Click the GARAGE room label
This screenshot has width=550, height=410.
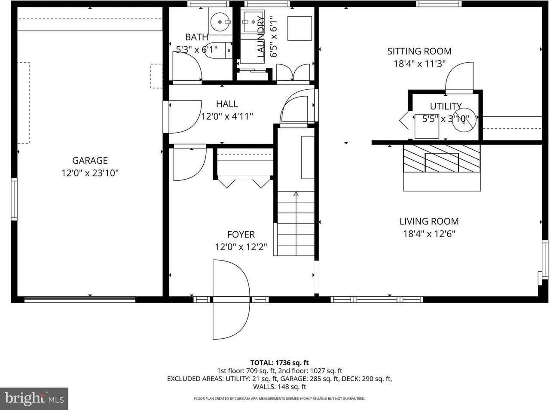coord(90,161)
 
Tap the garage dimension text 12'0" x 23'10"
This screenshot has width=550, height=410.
coord(90,173)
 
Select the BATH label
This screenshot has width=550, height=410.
coord(196,37)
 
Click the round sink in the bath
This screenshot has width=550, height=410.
coord(220,20)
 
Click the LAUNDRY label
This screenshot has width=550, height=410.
coord(261,37)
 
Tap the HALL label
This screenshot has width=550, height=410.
coord(227,104)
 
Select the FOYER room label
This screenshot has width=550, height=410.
coord(241,234)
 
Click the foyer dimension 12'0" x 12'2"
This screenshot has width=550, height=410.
coord(241,247)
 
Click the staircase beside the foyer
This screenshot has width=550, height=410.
coord(296,223)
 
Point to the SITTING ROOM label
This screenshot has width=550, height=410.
coord(419,52)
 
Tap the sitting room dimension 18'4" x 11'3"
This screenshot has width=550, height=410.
coord(419,64)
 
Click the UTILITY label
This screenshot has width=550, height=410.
coord(446,106)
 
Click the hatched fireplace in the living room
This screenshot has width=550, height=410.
coord(441,158)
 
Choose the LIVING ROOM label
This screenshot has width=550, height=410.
coord(429,222)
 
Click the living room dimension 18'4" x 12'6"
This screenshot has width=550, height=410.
coord(429,234)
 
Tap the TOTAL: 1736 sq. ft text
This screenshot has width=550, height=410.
coord(279,363)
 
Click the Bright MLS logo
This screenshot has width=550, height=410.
coord(34,398)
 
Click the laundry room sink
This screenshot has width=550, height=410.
coord(252,21)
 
